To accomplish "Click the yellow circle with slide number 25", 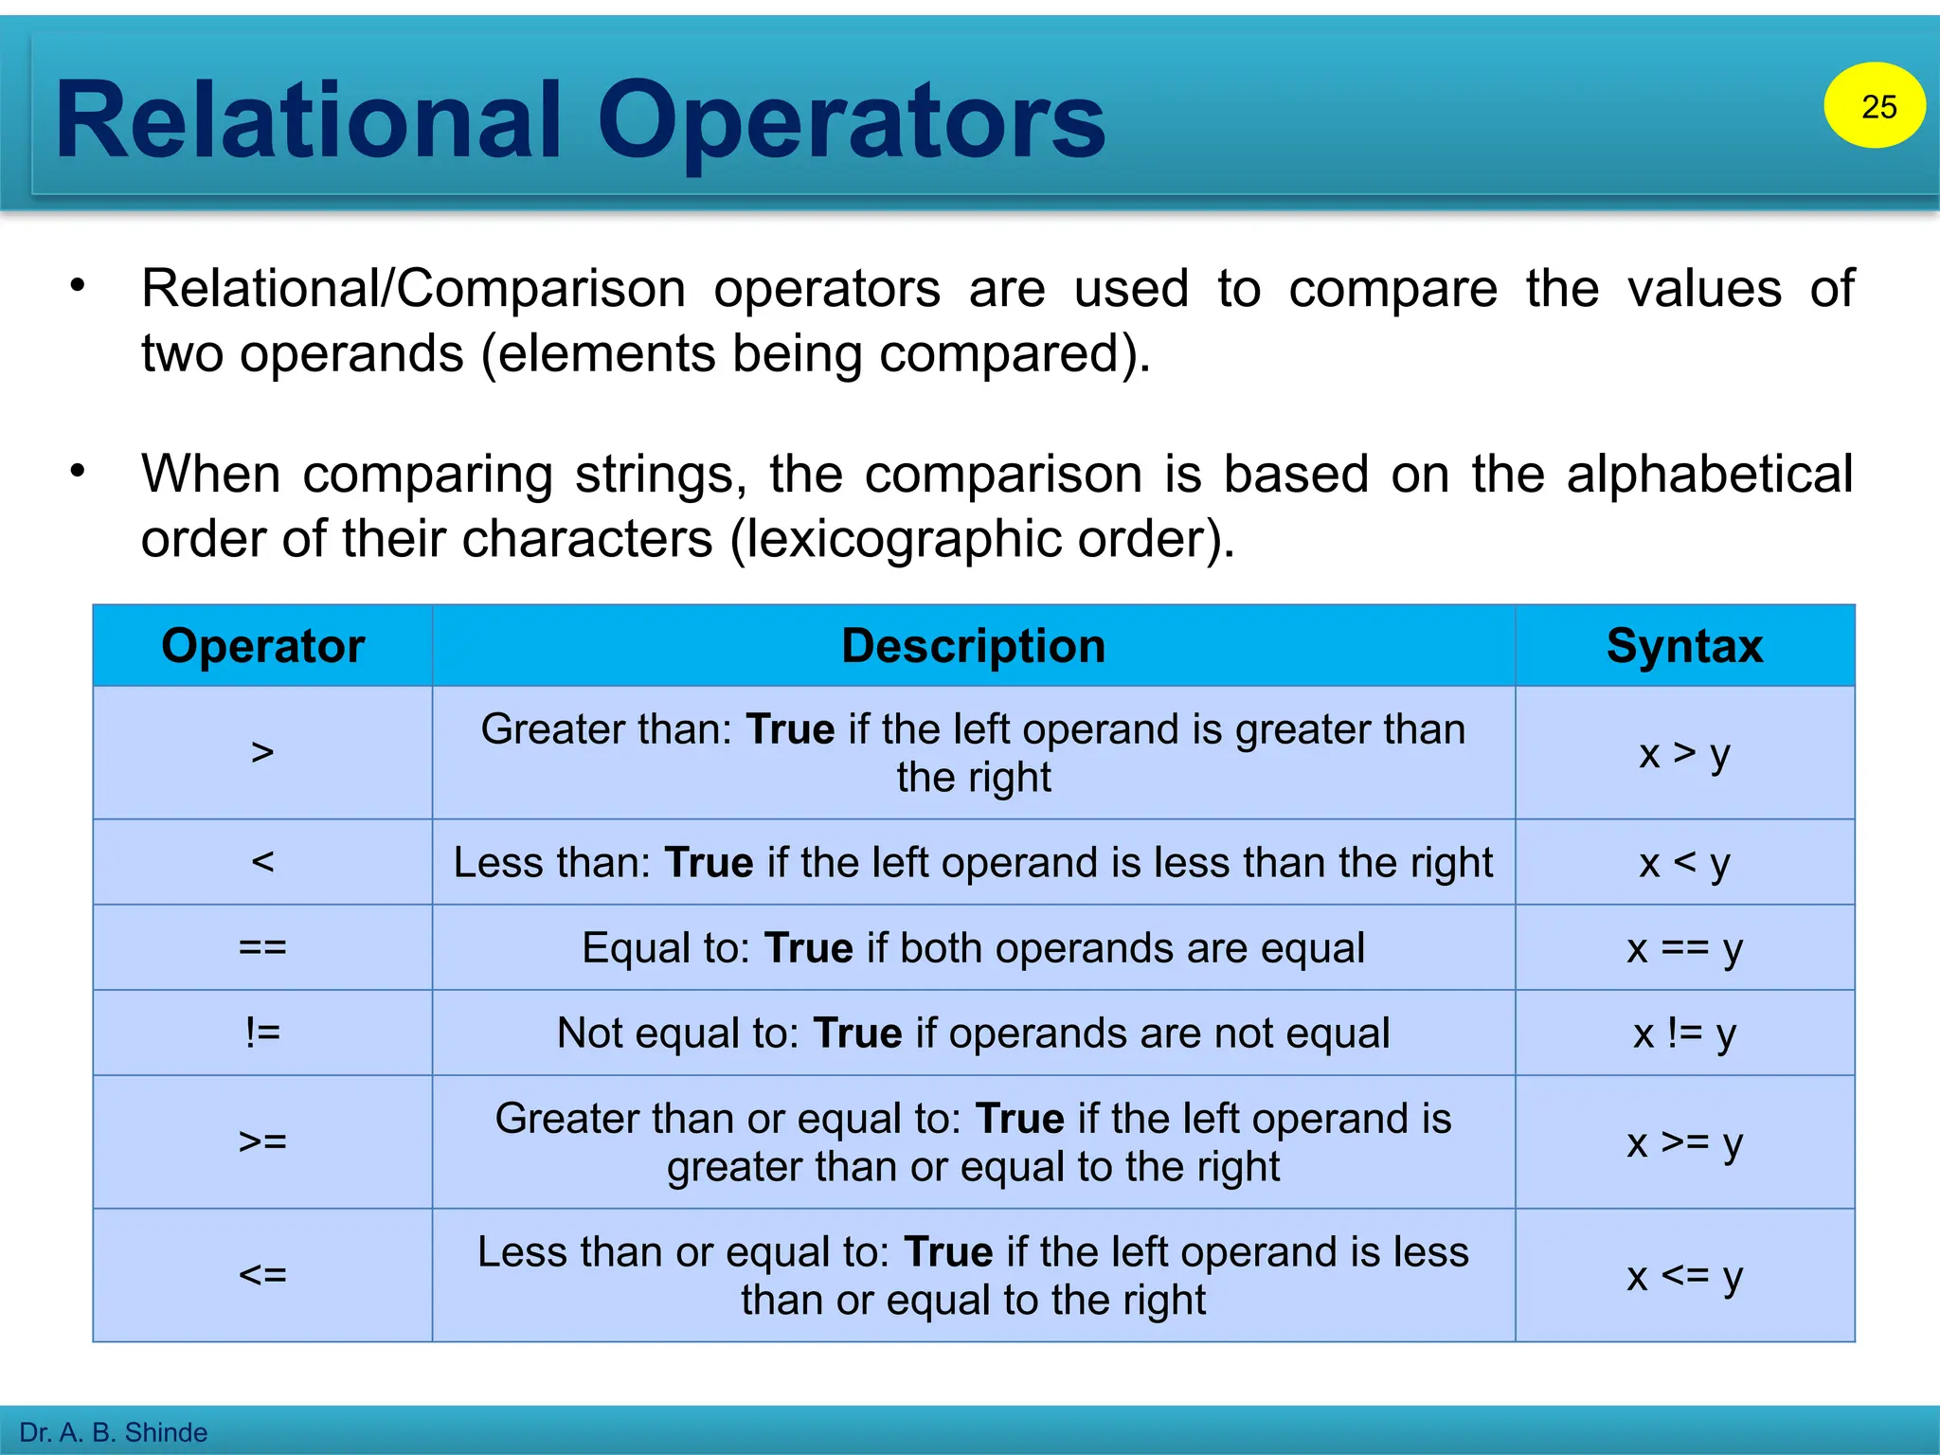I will pos(1874,105).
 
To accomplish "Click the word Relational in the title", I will pos(309,121).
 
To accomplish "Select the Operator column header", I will pos(262,646).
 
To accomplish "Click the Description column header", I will pos(973,646).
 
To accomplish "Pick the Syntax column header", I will pos(1684,646).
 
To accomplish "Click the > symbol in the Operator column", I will pos(262,753).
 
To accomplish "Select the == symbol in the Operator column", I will pos(262,947).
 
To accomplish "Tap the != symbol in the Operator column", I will pos(262,1033).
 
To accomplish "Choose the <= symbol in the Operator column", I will pos(262,1275).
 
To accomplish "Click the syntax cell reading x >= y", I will pos(1684,1142).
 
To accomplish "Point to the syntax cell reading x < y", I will pos(1684,863).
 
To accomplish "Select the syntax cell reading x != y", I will pos(1684,1033).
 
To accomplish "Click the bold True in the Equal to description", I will pos(808,948).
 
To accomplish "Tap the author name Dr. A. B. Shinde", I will pos(114,1432).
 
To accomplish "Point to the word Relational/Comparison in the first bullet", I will pos(413,289).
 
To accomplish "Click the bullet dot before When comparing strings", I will pos(79,471).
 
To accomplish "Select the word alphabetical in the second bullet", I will pos(1709,474).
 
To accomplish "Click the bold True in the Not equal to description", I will pos(857,1033).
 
